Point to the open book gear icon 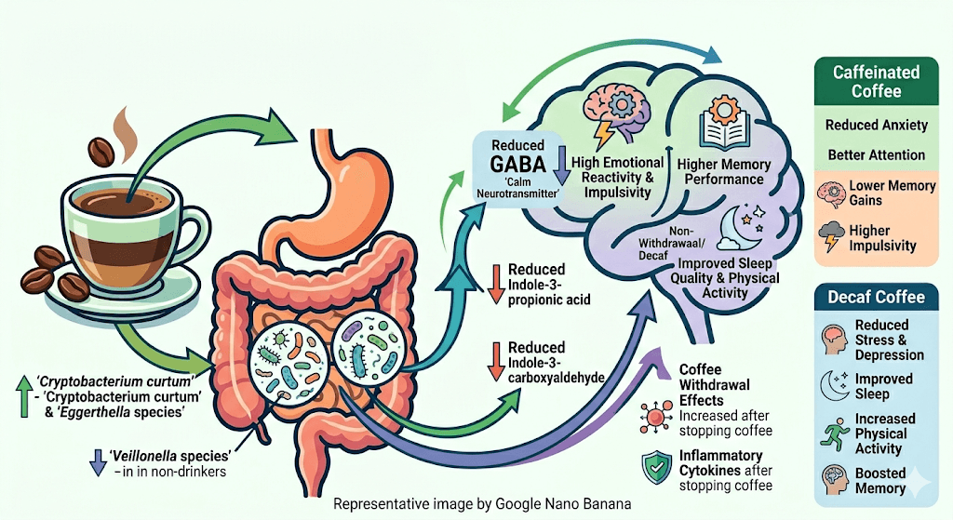coord(721,127)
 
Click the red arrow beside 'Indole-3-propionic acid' coord(495,283)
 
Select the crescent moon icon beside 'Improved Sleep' coord(831,381)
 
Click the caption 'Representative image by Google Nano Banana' coord(482,503)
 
